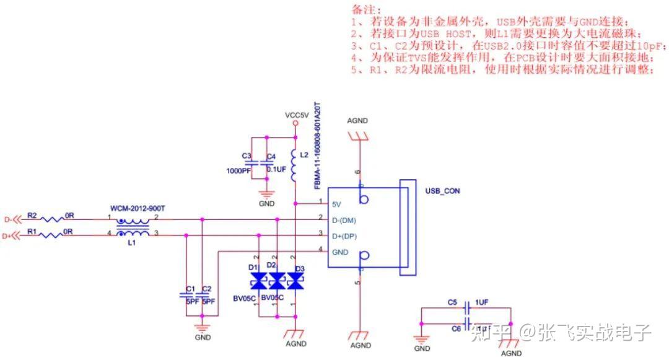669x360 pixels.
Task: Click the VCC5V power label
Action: point(295,115)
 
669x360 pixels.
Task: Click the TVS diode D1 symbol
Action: point(258,282)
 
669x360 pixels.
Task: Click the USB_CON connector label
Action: point(442,191)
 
